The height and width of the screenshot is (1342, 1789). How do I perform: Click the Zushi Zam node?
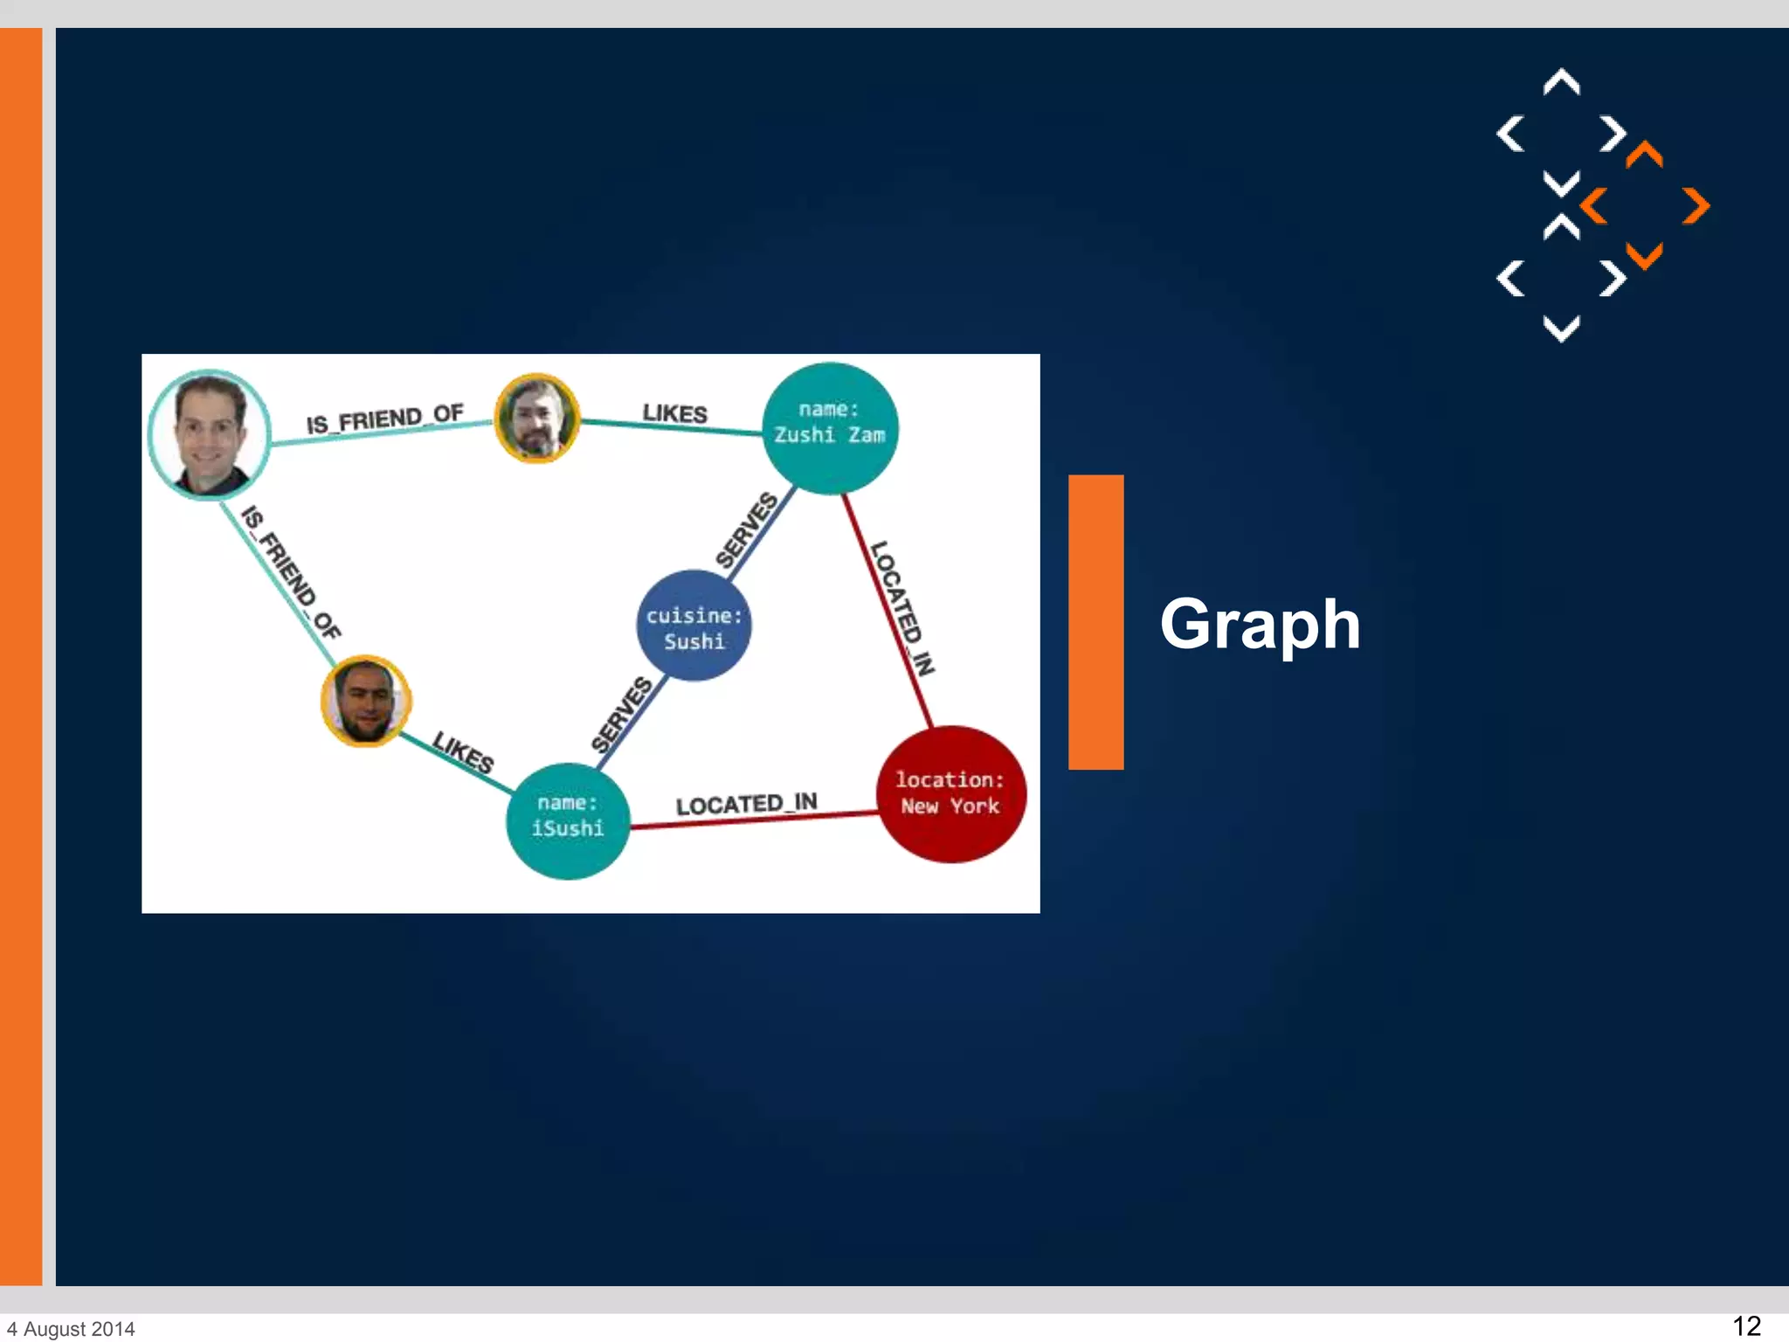[829, 428]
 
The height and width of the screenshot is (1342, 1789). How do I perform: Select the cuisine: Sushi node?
[694, 626]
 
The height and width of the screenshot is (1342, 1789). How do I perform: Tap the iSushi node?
[568, 820]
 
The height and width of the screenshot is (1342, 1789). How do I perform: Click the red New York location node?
[950, 793]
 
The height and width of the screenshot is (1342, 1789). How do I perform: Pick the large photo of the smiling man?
[209, 434]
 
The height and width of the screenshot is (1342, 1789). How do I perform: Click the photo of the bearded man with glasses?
[536, 419]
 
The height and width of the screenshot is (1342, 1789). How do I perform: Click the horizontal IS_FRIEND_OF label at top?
[384, 419]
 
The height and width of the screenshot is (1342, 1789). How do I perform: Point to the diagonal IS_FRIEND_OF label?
[290, 572]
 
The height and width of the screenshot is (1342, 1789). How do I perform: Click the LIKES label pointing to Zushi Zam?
[674, 413]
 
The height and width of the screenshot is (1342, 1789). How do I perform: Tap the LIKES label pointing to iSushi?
[463, 752]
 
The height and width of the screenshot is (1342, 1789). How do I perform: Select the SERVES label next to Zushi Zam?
[747, 529]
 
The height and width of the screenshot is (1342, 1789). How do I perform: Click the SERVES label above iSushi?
[622, 714]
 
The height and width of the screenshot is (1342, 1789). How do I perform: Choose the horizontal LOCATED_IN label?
[746, 804]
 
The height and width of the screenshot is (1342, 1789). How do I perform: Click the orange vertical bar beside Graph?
[1095, 622]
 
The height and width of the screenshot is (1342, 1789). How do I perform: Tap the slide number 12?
[1745, 1325]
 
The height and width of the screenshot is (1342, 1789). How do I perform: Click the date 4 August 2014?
[72, 1329]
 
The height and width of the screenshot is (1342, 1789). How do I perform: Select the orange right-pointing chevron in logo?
[1696, 206]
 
